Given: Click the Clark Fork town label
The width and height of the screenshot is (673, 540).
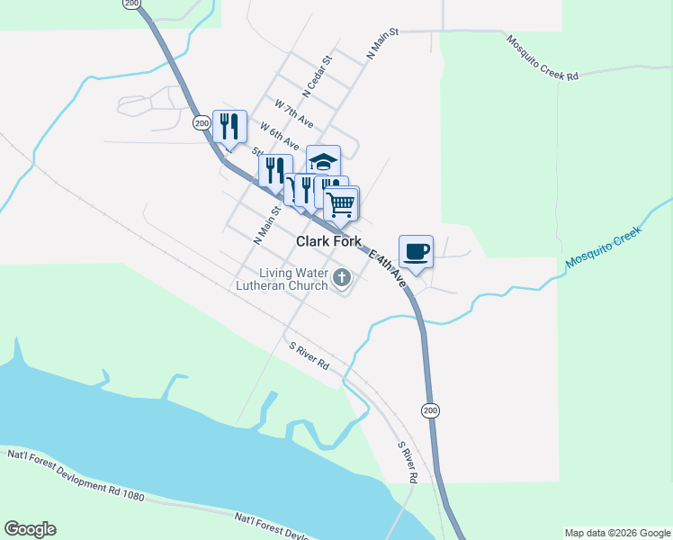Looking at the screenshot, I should point(328,241).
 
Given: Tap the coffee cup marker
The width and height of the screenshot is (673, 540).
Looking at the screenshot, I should point(416,252).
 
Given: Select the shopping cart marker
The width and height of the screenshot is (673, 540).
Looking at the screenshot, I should point(341,204).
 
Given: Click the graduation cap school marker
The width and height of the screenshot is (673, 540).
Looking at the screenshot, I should point(323,162).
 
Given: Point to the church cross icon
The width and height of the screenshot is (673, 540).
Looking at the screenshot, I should point(342,279).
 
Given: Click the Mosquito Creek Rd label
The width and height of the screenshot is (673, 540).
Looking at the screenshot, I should point(542,58).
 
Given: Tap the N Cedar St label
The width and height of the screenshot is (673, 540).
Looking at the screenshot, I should point(319,76).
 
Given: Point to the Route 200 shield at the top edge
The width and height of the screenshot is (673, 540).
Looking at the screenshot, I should point(133,4).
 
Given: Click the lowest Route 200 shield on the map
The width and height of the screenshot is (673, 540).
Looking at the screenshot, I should point(430,410).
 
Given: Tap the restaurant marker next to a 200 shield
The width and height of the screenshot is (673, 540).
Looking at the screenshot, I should point(229,127).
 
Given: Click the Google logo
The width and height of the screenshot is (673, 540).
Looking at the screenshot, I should point(30,529).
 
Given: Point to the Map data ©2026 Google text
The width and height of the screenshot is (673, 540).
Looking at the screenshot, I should point(617,533).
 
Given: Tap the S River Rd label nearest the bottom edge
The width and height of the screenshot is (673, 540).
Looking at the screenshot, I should point(408,462).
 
